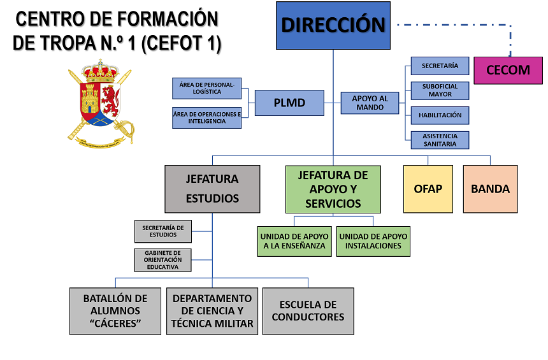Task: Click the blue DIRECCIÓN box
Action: pos(333,25)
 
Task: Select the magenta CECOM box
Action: pos(508,70)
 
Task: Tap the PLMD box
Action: pos(289,103)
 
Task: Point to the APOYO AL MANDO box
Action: pos(370,103)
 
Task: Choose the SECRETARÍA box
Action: pos(440,66)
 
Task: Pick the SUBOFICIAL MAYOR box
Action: pos(440,90)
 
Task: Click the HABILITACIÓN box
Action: pos(440,115)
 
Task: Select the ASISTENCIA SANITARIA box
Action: pos(440,140)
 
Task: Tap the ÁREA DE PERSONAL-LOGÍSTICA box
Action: pos(206,88)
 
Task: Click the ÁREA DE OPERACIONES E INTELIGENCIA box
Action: pos(206,118)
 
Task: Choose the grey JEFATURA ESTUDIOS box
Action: pos(212,189)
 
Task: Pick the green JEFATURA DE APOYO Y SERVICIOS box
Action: pos(333,189)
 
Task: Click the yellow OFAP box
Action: pos(428,189)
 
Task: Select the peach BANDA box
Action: pos(490,189)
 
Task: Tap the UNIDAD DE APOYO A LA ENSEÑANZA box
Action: pos(294,241)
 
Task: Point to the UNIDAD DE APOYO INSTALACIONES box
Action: pos(373,241)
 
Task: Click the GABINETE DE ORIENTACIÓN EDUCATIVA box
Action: pos(163,260)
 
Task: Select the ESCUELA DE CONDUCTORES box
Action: pos(308,311)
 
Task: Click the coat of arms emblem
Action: pos(100,102)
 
